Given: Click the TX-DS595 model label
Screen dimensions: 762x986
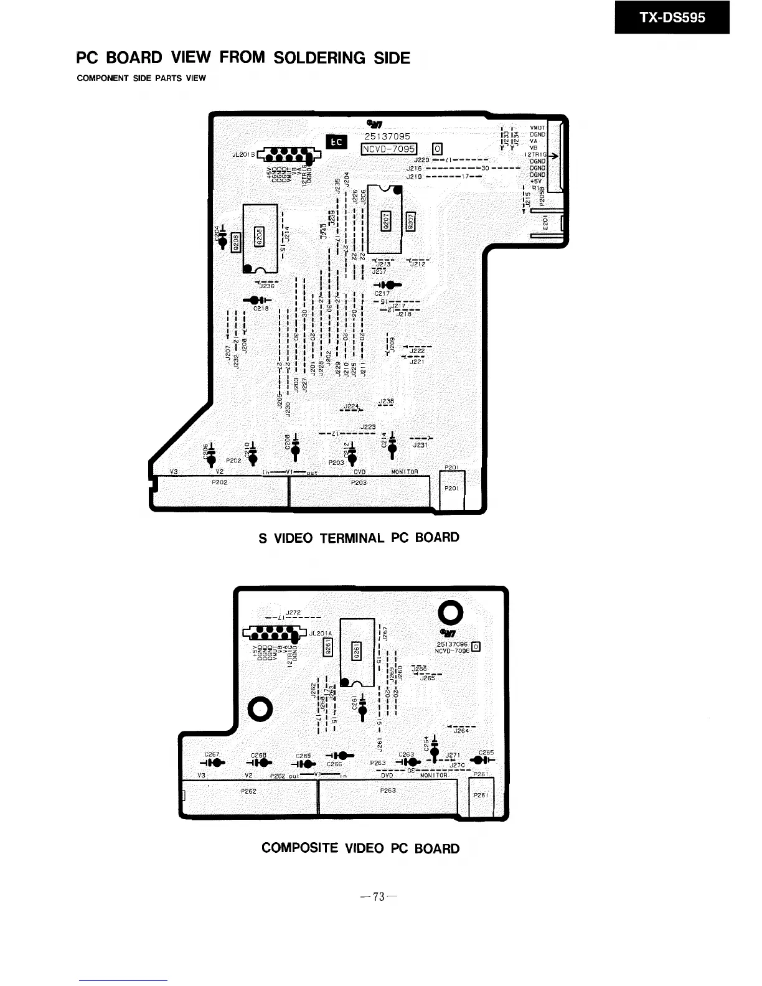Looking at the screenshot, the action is (x=672, y=17).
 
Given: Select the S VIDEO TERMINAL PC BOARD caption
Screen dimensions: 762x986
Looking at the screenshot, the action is (x=359, y=537).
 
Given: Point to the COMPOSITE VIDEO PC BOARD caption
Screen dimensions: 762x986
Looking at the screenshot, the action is (x=360, y=848).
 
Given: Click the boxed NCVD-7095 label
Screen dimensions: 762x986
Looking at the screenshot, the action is (x=388, y=149).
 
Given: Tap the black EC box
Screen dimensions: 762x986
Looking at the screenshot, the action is (x=336, y=143).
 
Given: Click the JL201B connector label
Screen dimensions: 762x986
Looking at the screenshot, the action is (x=242, y=154).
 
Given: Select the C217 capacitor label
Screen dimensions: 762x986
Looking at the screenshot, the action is (x=382, y=294).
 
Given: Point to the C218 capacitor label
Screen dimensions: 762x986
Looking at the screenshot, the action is (x=261, y=309).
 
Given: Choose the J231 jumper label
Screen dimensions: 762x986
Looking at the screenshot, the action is (x=420, y=445).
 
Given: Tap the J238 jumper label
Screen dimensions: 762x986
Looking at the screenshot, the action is (x=386, y=401).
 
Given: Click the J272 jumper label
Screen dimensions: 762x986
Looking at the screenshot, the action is (x=293, y=613).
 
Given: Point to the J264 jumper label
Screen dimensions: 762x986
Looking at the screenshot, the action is (x=461, y=731).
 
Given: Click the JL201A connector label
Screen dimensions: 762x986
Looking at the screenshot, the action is (x=321, y=634).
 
